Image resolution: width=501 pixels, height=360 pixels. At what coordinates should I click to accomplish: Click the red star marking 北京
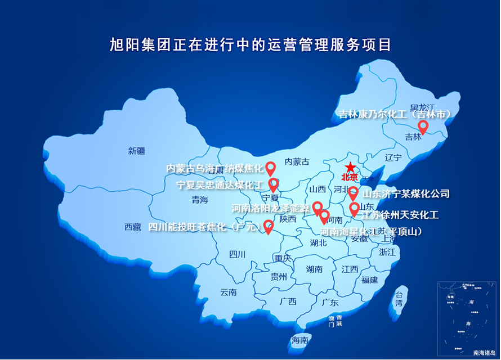point(350,167)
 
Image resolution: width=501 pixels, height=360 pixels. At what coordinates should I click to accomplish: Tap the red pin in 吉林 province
point(422,127)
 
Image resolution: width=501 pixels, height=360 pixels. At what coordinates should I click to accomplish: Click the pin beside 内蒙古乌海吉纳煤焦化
point(271,168)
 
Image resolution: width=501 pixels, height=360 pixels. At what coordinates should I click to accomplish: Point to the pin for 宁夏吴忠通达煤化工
point(274,184)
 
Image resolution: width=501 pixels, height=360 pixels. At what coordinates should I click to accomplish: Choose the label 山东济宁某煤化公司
point(406,194)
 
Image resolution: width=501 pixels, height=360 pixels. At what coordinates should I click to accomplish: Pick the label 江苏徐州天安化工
point(401,214)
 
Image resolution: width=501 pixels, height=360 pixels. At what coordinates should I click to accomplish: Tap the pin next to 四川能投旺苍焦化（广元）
point(269,226)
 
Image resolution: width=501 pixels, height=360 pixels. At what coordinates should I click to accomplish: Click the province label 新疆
point(136,150)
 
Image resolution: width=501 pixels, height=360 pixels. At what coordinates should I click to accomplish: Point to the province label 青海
point(200,200)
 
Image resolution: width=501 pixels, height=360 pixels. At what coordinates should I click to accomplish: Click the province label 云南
point(229,292)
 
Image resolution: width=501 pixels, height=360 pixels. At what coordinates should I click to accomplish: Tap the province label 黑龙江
point(423,107)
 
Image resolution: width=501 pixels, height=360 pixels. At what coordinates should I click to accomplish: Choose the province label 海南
point(300,340)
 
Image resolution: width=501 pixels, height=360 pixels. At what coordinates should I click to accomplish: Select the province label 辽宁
point(393,157)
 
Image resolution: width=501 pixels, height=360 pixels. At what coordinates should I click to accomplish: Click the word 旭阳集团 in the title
point(134,44)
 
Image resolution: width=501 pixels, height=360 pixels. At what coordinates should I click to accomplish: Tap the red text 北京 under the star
point(350,178)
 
